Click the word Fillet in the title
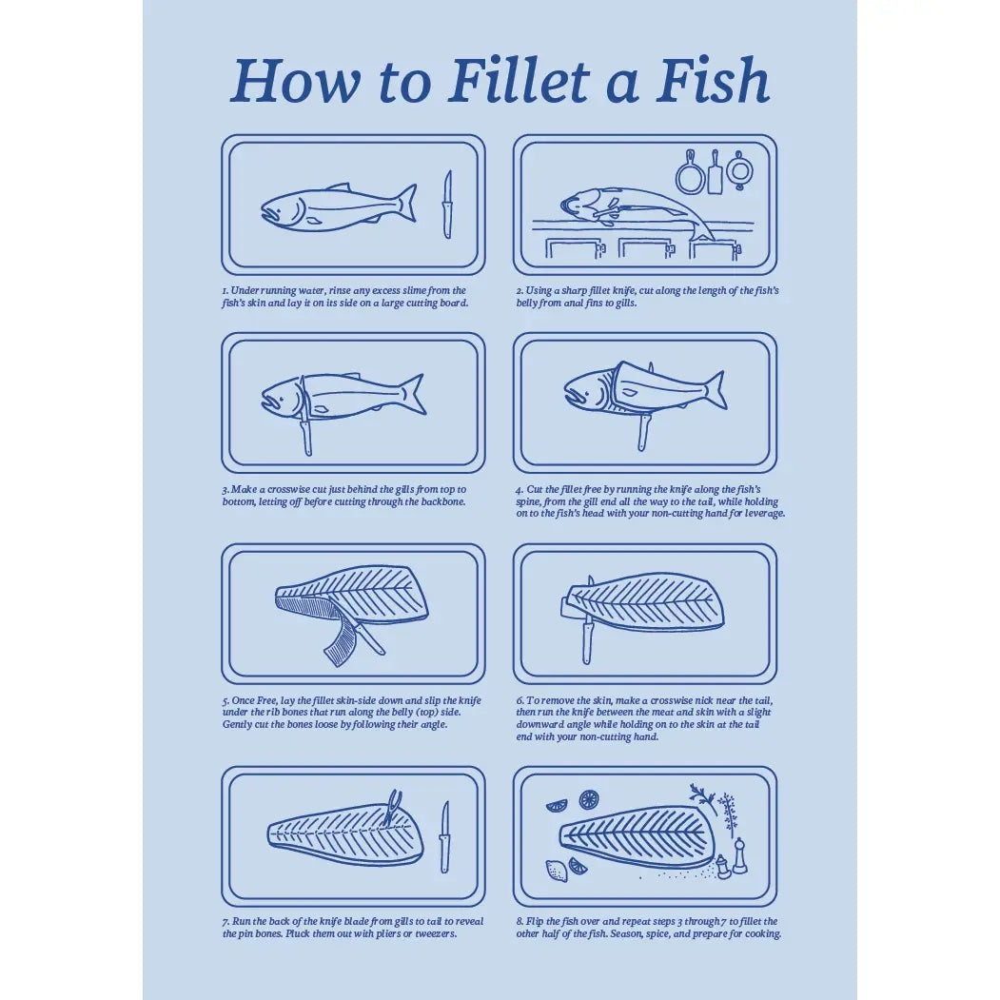coord(518,81)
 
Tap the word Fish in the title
coord(713,81)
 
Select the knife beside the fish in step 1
coord(448,205)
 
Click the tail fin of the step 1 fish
coord(407,203)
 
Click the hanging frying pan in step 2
coord(691,173)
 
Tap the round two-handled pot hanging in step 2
coord(740,170)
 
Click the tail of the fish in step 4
coord(716,389)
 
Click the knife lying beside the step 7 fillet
coord(444,837)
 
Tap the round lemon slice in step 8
coord(589,800)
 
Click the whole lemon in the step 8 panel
coord(556,871)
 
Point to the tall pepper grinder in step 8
coord(739,856)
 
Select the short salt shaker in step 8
coord(722,868)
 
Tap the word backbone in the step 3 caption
coord(442,502)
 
